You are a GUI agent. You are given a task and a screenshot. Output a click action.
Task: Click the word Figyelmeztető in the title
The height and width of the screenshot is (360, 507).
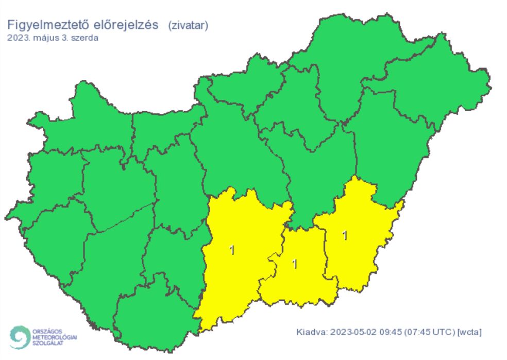[41, 25]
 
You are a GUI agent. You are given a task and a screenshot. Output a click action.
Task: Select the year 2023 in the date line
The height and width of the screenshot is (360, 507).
[18, 38]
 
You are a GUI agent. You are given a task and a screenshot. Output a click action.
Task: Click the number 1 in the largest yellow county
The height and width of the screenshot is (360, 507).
[232, 251]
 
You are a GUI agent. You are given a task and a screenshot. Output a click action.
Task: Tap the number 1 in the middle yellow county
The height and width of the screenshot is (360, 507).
[294, 264]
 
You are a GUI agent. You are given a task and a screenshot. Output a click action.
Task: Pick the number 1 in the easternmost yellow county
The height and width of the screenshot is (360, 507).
[345, 236]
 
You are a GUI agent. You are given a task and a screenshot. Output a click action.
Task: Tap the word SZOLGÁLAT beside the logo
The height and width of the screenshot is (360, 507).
[48, 342]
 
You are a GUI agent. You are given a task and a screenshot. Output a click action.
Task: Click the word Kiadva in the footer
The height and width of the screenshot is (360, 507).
[311, 332]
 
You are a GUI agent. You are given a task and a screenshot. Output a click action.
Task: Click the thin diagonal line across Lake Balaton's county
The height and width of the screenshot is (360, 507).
[124, 217]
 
